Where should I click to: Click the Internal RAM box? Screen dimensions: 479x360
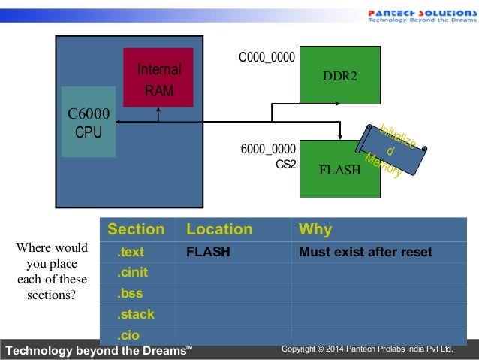pos(158,77)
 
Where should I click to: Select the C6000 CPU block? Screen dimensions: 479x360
pos(88,122)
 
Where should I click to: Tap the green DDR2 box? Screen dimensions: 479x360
pos(339,75)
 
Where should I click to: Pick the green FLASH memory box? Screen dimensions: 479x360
pos(339,169)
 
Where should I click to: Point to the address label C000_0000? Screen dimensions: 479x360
pos(267,57)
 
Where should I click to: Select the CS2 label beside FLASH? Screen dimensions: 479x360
pos(285,163)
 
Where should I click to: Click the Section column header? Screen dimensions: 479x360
pos(136,229)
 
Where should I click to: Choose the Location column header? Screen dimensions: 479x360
pos(219,229)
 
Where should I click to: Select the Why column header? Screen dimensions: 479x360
pos(315,229)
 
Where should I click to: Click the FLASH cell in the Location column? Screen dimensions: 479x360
pos(208,252)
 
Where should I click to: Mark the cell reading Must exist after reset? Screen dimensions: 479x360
pos(365,252)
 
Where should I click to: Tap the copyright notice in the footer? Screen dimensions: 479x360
pos(367,349)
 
